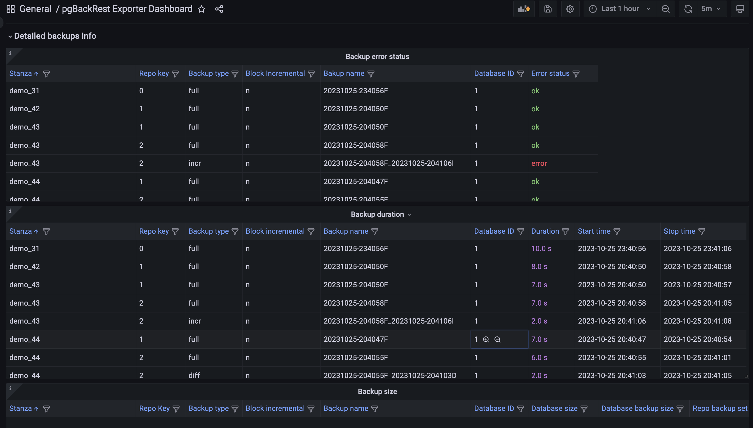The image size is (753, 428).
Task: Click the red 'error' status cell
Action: click(539, 163)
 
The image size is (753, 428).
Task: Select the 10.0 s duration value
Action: click(541, 249)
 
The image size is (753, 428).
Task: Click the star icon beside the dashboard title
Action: click(202, 9)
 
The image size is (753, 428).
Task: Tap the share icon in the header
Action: click(219, 9)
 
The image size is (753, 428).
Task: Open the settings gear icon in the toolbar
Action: click(570, 9)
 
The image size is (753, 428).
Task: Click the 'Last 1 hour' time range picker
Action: click(620, 9)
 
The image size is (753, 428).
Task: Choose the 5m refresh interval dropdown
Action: click(711, 9)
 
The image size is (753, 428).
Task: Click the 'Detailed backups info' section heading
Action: click(55, 36)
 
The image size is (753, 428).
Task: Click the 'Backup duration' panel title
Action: click(377, 215)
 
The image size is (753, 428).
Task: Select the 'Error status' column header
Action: click(550, 74)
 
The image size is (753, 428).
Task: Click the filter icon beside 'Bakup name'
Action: click(371, 74)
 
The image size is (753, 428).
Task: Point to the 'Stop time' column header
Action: click(679, 231)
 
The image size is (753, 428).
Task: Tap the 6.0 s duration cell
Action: click(539, 358)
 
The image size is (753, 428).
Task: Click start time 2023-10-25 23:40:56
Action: click(612, 249)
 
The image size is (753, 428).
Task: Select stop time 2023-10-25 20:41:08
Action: click(697, 321)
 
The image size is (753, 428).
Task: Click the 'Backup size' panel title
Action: click(377, 391)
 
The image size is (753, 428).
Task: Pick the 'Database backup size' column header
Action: click(637, 409)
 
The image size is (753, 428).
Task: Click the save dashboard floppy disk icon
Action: click(548, 9)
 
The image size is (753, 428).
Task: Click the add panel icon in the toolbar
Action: click(524, 9)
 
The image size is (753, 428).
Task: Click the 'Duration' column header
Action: click(545, 231)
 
